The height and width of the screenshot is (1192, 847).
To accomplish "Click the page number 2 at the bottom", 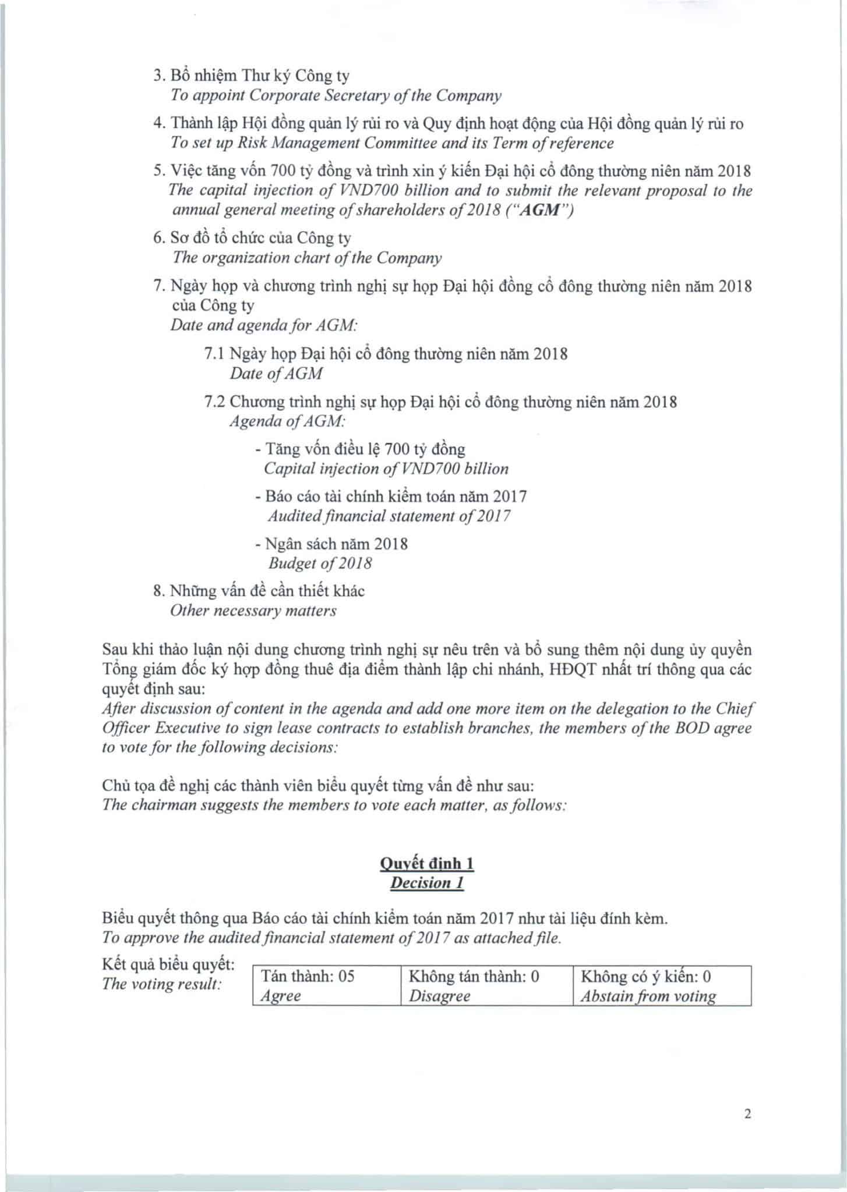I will (748, 1114).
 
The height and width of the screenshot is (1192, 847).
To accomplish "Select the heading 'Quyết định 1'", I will (426, 863).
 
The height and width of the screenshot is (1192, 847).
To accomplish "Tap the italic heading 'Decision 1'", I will (426, 883).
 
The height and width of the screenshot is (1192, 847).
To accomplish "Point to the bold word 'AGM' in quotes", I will (540, 210).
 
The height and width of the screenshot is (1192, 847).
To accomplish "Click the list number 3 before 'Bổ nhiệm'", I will (158, 76).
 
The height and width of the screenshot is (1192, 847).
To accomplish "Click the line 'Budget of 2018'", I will (320, 563).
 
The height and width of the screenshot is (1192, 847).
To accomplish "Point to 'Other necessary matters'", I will (253, 611).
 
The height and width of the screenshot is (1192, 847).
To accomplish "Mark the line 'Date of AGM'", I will (276, 374).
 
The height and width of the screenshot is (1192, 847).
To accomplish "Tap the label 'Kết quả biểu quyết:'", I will (168, 964).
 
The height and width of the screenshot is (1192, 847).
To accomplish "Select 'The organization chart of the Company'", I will (306, 258).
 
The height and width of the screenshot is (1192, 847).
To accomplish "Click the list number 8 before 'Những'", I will (158, 591).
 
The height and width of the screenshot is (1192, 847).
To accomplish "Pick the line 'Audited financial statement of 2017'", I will (389, 516).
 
